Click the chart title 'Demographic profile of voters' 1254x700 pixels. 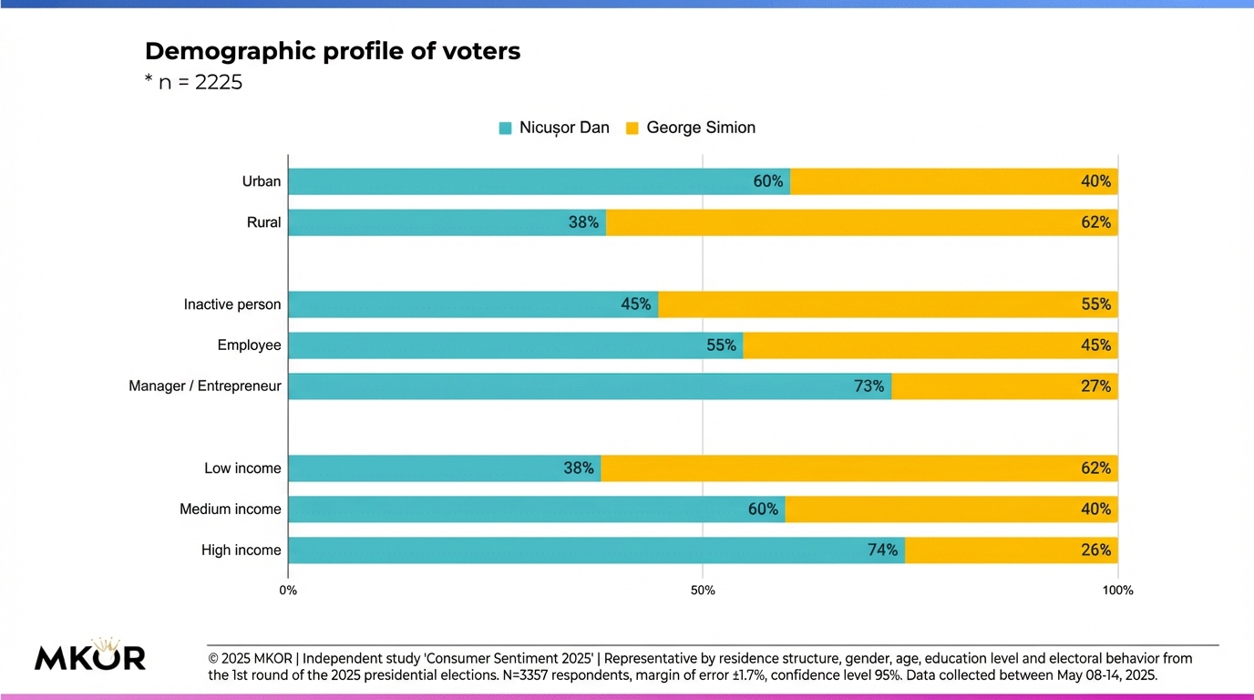pos(333,51)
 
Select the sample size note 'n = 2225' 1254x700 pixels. pos(193,83)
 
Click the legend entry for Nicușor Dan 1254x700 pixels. pos(554,128)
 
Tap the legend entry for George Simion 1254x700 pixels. pos(691,128)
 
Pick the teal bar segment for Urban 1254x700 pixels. pos(538,181)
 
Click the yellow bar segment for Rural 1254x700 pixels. pos(861,222)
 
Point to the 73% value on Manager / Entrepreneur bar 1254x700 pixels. pos(869,386)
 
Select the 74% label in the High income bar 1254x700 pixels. pos(882,551)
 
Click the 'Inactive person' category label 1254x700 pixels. pos(232,304)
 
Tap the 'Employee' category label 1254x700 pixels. pos(249,345)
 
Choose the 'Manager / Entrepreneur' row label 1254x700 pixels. pos(205,386)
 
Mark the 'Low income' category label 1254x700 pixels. pos(242,468)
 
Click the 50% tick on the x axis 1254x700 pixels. pos(703,591)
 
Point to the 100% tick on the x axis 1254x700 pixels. pos(1117,591)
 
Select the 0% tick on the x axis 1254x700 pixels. pos(288,591)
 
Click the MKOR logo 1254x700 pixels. pos(90,656)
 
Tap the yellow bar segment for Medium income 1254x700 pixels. pos(951,510)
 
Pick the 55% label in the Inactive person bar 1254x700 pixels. pos(1095,304)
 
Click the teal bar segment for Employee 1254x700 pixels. pos(515,345)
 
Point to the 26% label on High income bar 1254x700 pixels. pos(1095,551)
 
